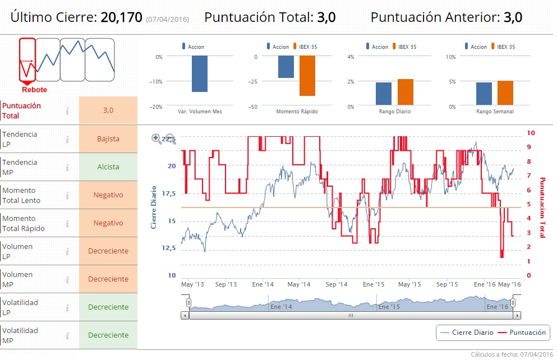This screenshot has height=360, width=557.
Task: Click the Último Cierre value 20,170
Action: (121, 17)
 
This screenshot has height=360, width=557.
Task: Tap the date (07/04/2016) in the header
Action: (167, 20)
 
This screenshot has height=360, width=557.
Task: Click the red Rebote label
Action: (34, 90)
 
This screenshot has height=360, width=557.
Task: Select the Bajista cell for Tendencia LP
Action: (108, 139)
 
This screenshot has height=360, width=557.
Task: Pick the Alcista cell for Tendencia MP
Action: (108, 167)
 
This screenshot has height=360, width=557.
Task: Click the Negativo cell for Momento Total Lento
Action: (108, 195)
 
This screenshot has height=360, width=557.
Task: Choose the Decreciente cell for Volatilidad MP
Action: (108, 335)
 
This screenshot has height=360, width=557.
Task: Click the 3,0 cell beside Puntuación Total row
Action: (108, 110)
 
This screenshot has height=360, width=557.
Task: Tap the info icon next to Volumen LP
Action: (67, 251)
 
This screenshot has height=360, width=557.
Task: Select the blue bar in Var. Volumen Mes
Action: (200, 73)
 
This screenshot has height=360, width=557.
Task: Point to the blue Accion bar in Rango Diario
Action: (384, 94)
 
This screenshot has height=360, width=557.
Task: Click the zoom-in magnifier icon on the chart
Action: (156, 139)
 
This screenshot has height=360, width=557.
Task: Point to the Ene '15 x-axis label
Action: (372, 284)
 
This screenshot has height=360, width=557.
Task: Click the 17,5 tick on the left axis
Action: (168, 193)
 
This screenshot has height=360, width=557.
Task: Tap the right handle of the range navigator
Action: (513, 303)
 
